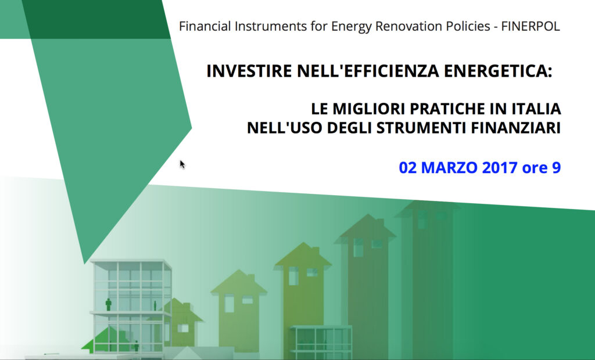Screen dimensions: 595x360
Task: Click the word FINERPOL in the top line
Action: tap(531, 26)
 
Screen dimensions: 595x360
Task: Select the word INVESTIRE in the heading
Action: tap(249, 71)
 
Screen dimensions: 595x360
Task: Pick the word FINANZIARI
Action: tap(516, 128)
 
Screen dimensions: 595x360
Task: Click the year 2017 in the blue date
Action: tap(500, 168)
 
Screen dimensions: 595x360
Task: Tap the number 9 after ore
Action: tap(556, 168)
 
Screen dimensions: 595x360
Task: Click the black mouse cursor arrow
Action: tap(182, 164)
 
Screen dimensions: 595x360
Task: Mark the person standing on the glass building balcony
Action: tap(109, 305)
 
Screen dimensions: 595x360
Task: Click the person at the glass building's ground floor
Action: tap(136, 346)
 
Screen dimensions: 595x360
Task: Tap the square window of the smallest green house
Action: tap(183, 327)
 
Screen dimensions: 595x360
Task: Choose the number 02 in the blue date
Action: tap(408, 168)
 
